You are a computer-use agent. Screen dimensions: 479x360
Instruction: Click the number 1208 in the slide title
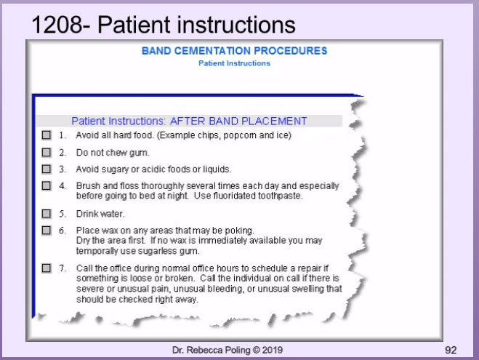[57, 25]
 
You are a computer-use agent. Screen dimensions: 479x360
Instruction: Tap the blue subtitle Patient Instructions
[234, 63]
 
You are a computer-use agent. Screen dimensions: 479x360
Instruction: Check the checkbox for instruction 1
[47, 135]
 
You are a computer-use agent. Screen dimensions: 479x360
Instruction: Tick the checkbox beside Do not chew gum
[47, 152]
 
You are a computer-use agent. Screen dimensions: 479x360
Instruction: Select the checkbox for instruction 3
[47, 169]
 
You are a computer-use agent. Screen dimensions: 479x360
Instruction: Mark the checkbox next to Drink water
[47, 213]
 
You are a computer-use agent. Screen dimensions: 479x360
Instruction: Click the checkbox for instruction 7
[47, 268]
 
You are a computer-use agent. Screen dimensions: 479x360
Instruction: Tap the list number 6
[63, 230]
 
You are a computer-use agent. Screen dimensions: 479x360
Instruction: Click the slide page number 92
[451, 351]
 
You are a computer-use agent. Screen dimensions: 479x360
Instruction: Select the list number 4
[63, 185]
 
